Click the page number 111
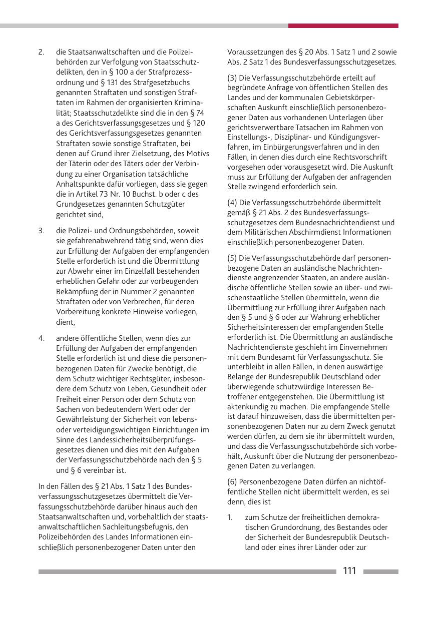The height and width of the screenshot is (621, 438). tap(349, 571)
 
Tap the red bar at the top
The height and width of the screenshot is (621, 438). tap(343, 26)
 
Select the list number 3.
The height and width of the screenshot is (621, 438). tap(42, 231)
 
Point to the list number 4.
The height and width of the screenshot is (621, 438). tap(42, 338)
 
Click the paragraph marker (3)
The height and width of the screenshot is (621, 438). tap(232, 78)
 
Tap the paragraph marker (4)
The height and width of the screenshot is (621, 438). tap(232, 203)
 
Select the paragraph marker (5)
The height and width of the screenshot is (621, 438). tap(232, 258)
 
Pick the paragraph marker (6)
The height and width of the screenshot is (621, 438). tap(232, 481)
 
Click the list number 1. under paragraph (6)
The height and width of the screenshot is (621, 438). tap(230, 518)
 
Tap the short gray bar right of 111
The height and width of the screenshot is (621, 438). tap(380, 571)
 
